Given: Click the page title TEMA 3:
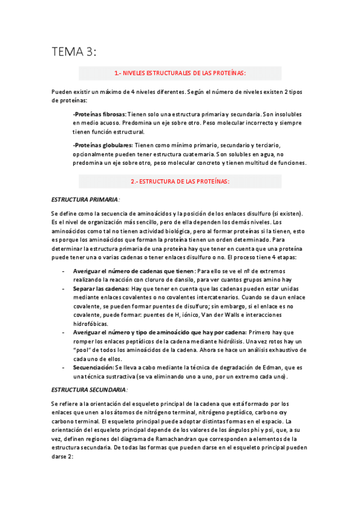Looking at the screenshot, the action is [73, 52].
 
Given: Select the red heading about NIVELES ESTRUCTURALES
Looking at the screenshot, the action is [180, 73].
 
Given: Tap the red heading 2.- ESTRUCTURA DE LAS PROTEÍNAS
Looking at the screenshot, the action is [180, 181].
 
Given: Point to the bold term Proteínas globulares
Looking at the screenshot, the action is [103, 145].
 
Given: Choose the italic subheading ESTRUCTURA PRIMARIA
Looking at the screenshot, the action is [85, 198].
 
